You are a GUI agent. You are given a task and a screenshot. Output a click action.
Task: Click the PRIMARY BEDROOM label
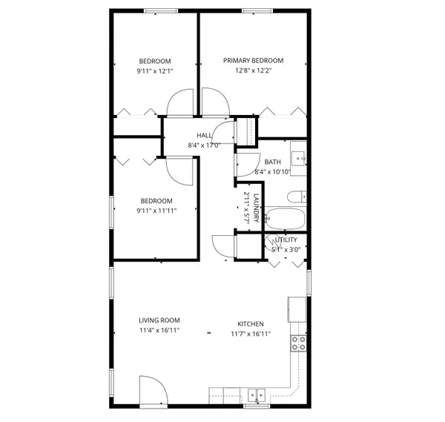point(254,61)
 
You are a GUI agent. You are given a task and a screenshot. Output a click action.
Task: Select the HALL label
point(205,135)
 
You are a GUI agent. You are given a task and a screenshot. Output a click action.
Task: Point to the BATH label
point(272,162)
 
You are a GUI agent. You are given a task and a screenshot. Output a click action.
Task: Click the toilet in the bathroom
point(295,197)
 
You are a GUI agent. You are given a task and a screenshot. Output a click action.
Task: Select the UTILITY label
point(286,240)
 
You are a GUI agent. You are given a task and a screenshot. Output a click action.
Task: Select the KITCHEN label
point(250,324)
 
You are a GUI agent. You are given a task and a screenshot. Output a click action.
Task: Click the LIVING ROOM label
point(159,320)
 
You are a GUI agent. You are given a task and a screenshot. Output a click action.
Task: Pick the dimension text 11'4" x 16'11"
point(159,332)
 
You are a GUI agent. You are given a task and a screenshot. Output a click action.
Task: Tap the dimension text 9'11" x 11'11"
point(156,211)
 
